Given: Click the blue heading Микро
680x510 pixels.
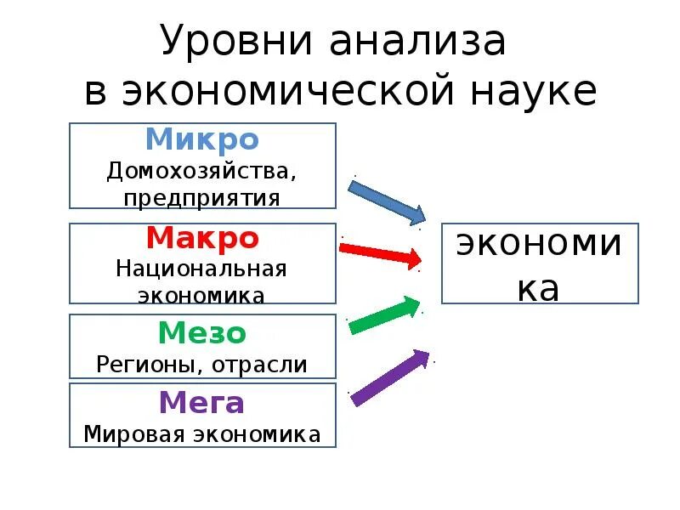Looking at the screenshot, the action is pos(201,140).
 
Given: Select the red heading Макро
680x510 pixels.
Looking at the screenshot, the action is pos(201,238).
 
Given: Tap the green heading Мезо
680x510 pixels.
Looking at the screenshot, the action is pos(201,332).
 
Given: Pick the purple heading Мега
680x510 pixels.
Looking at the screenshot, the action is pos(201,402).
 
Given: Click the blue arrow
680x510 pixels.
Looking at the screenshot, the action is pos(387,201).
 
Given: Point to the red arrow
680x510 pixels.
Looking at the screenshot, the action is pos(380,253).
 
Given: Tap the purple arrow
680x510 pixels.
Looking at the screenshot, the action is pos(390,377).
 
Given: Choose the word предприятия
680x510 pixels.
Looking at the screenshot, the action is pos(201,198).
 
